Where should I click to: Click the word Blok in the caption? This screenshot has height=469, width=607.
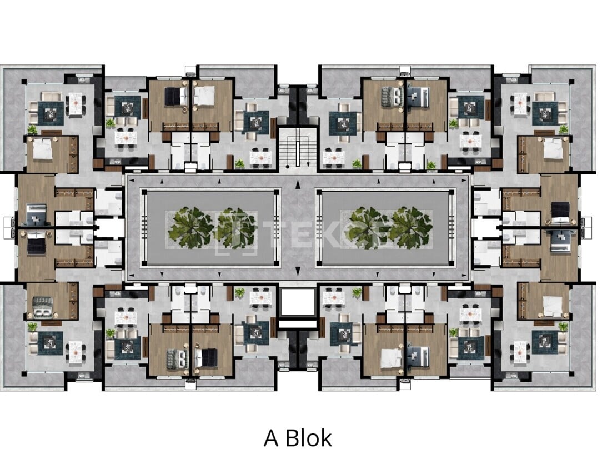pos(309,438)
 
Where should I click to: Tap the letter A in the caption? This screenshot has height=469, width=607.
pos(270,438)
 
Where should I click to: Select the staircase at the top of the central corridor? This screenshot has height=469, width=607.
pos(298,148)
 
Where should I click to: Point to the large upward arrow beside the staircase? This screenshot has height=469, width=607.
pos(298,184)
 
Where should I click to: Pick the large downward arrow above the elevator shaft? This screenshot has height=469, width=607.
pos(298,271)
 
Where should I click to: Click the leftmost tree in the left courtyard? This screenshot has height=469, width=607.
pos(190,227)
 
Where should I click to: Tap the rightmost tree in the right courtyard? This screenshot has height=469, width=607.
pos(412,227)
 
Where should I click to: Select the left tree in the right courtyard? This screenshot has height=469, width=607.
pos(367,227)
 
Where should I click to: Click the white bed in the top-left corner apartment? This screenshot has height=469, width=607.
pos(42,149)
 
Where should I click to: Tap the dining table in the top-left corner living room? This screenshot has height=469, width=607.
pos(74,103)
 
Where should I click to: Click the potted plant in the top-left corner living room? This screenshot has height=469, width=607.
pos(32,130)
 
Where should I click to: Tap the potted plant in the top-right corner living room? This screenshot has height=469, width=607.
pos(564,129)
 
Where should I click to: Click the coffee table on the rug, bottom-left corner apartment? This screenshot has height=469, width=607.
pos(51,341)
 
